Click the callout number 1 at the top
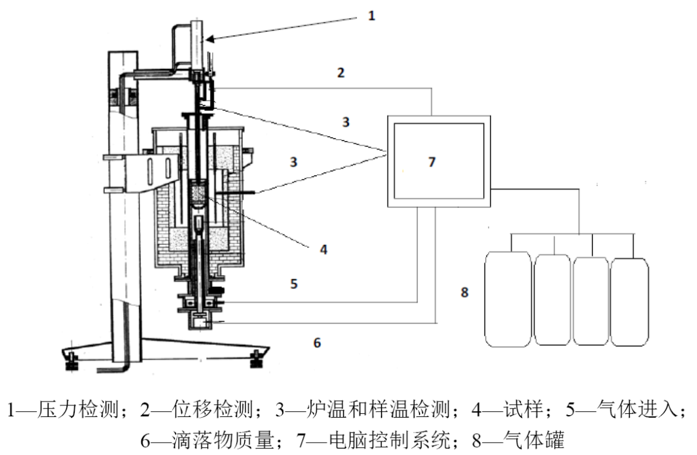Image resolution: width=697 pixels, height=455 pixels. [x=371, y=15]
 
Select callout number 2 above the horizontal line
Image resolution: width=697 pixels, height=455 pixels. [x=341, y=72]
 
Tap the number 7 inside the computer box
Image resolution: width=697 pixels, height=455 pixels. [x=432, y=162]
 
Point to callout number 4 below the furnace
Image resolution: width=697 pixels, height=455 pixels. [x=323, y=248]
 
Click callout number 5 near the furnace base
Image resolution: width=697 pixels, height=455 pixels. [x=294, y=284]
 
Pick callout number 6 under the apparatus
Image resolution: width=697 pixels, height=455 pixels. [x=317, y=342]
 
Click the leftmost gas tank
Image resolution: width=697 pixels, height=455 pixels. [x=507, y=300]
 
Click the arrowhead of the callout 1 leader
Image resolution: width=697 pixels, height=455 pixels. [x=209, y=40]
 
